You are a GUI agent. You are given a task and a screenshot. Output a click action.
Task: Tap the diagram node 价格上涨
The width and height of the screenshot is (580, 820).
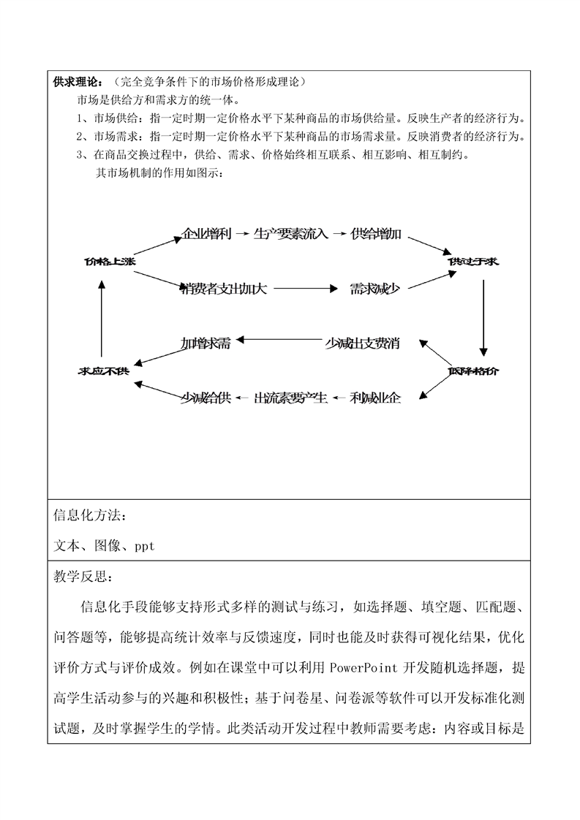(x=108, y=262)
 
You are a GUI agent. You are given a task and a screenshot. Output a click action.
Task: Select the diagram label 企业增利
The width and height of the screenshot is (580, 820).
(x=206, y=235)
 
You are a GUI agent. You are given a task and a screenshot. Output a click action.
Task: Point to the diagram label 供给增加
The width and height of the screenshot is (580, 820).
(x=376, y=235)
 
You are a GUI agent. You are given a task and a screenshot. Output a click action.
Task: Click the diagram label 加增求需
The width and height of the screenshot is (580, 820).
(x=206, y=343)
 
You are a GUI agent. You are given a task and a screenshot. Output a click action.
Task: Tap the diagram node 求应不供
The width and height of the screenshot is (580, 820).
(x=104, y=371)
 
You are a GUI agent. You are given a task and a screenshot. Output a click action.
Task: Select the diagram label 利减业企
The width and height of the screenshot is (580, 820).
(x=376, y=398)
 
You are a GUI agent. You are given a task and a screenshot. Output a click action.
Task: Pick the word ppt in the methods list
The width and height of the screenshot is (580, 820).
(x=145, y=546)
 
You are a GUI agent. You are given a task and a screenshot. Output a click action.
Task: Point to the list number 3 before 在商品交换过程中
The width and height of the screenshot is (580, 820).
(x=79, y=154)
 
